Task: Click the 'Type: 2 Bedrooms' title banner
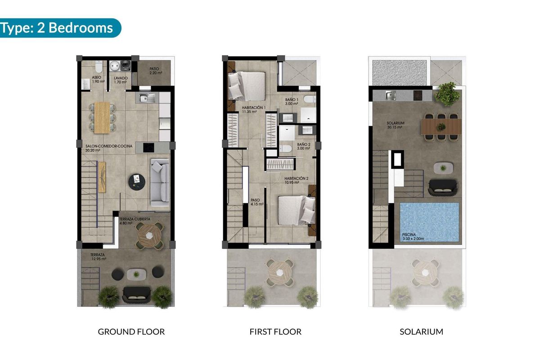point(58,28)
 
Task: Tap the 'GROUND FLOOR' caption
point(131,332)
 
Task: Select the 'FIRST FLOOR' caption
point(275,332)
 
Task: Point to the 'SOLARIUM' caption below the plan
point(421,332)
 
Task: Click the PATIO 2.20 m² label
point(154,71)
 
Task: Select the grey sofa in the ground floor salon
point(159,182)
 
